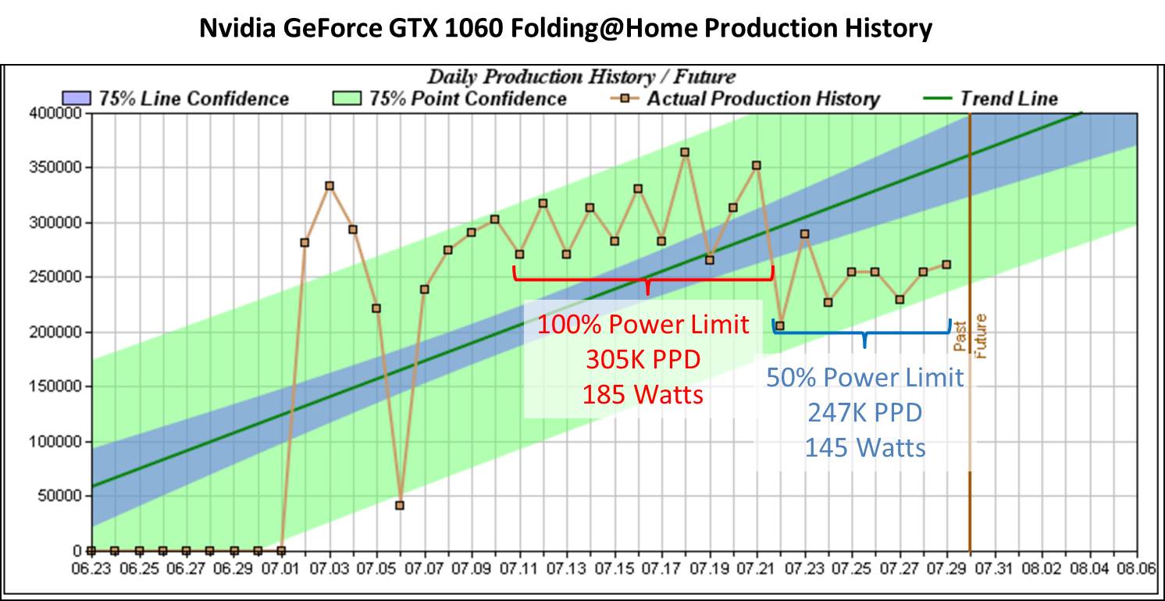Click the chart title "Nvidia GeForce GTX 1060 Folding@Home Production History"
pyautogui.click(x=566, y=29)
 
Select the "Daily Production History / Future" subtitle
pyautogui.click(x=581, y=76)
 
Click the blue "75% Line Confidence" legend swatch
pyautogui.click(x=77, y=98)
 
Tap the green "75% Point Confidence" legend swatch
pyautogui.click(x=347, y=98)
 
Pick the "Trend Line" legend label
pyautogui.click(x=1008, y=98)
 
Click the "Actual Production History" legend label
pyautogui.click(x=763, y=98)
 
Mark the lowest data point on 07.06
pyautogui.click(x=400, y=505)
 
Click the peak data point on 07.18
pyautogui.click(x=685, y=152)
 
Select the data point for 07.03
pyautogui.click(x=329, y=186)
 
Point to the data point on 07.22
pyautogui.click(x=779, y=326)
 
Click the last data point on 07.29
pyautogui.click(x=946, y=265)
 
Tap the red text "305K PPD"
pyautogui.click(x=642, y=359)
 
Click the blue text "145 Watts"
pyautogui.click(x=864, y=448)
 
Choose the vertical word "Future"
pyautogui.click(x=982, y=336)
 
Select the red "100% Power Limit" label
pyautogui.click(x=642, y=324)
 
